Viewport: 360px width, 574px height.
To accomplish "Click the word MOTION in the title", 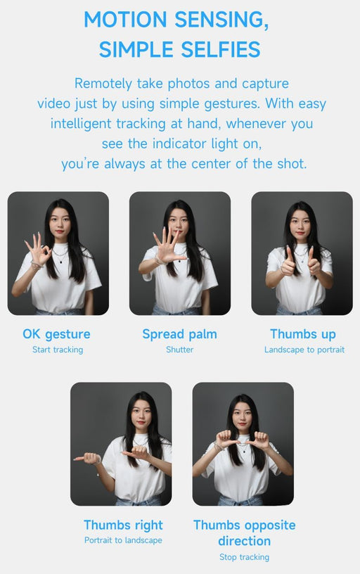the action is (x=125, y=20).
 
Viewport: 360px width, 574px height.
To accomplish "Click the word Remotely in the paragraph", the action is (x=103, y=84).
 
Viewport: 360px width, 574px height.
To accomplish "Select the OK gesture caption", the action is (x=56, y=334).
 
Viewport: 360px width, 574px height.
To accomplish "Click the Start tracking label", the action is (x=58, y=350).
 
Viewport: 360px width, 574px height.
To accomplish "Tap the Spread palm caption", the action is (x=179, y=334).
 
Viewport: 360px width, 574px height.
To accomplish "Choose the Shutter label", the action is (x=179, y=350).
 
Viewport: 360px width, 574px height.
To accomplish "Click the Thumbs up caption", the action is (x=303, y=334).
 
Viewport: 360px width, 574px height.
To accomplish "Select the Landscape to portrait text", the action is (x=304, y=350).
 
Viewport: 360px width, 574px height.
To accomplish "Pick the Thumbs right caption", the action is (x=123, y=525).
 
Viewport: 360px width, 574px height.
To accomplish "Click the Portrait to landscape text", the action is (x=123, y=540).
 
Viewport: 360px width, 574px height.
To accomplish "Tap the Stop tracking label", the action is (x=245, y=557).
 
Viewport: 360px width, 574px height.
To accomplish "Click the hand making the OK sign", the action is (x=38, y=250).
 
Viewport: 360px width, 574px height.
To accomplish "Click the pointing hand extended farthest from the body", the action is (x=87, y=458).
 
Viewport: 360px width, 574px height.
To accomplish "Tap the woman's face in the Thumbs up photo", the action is (x=300, y=223).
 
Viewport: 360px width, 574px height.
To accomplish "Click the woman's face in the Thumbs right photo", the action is (x=141, y=415).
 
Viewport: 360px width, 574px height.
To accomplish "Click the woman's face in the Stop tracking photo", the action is (x=242, y=416).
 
